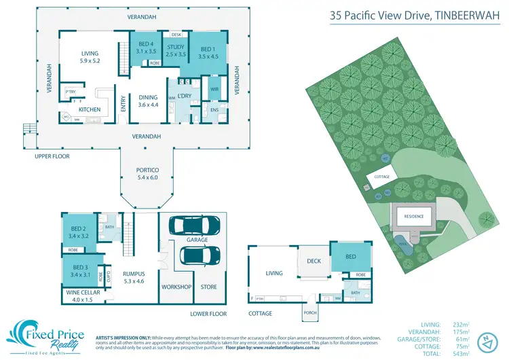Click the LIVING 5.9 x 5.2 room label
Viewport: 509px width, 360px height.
pyautogui.click(x=90, y=56)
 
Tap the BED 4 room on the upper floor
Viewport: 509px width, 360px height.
pyautogui.click(x=143, y=47)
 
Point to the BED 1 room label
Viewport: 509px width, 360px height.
pyautogui.click(x=207, y=52)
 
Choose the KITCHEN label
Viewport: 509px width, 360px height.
pyautogui.click(x=90, y=109)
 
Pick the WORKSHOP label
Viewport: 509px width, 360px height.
pyautogui.click(x=176, y=287)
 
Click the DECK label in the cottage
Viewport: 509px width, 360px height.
pyautogui.click(x=314, y=260)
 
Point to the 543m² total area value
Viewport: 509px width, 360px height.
pyautogui.click(x=474, y=353)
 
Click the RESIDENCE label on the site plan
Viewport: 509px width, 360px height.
pyautogui.click(x=414, y=216)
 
